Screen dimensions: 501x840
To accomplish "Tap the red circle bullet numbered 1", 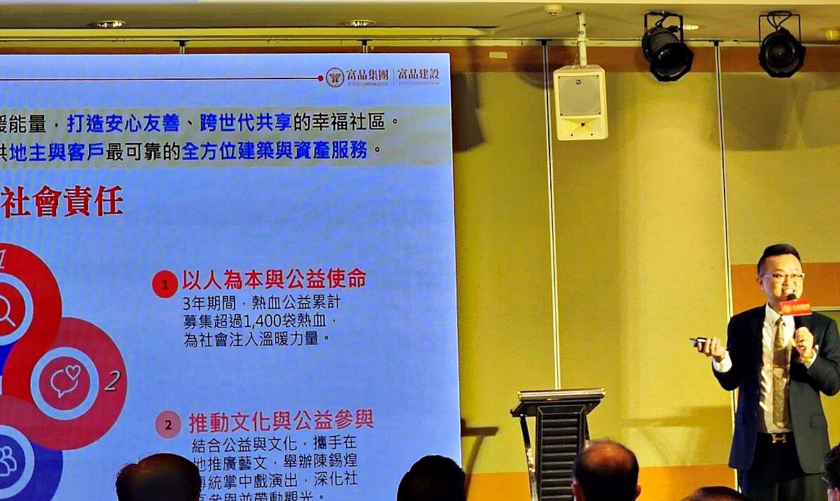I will (x=164, y=284).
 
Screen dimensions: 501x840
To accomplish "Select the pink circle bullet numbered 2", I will (x=168, y=424).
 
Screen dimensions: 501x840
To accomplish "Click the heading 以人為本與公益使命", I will (x=274, y=279).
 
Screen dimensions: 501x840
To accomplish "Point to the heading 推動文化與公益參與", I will (x=281, y=420).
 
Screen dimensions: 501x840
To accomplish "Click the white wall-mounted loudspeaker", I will (x=580, y=102).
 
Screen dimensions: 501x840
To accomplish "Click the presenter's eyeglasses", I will (x=781, y=277).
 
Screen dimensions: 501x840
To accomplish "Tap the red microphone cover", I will (x=796, y=307).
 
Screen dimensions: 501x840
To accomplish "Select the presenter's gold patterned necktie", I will (x=780, y=371).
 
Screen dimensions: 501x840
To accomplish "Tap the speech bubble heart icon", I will (x=65, y=378).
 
